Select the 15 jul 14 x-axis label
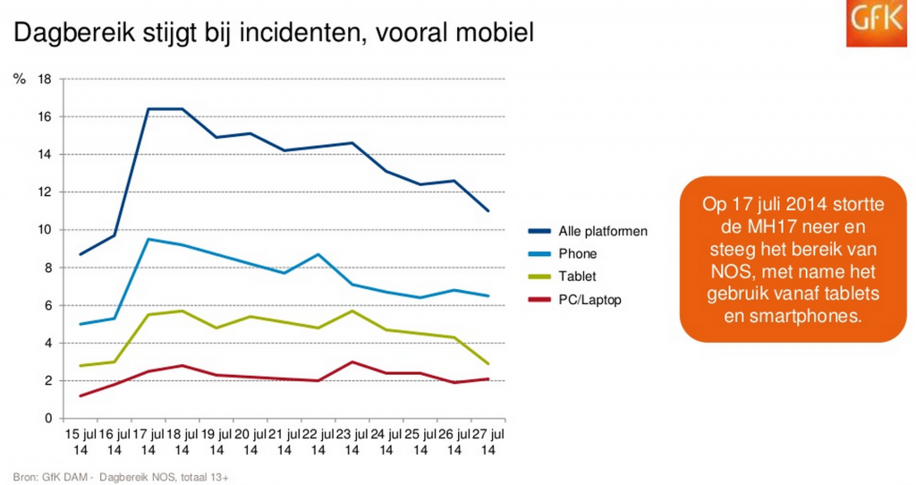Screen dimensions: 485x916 [x=81, y=442]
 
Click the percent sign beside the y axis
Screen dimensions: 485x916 [x=19, y=80]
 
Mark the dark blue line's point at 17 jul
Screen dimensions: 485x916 [x=148, y=109]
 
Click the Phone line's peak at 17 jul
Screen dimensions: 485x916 [x=148, y=239]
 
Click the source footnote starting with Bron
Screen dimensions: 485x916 [x=121, y=476]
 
